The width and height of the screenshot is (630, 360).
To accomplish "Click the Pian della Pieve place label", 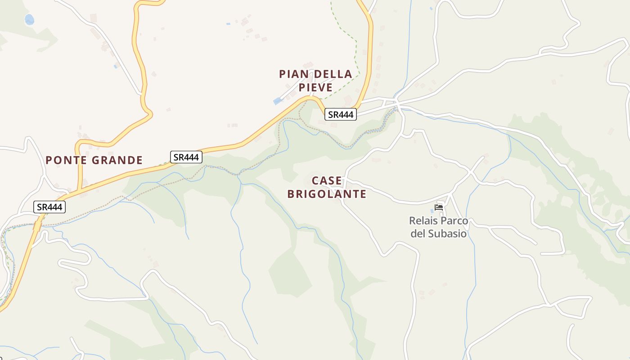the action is [315, 81].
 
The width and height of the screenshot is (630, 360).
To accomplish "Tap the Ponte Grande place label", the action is [94, 160].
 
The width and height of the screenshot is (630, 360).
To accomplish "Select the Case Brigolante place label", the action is [327, 187].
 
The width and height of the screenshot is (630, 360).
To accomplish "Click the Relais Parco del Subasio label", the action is [439, 227].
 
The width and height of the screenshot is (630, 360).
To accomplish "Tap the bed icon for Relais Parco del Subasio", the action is [439, 207].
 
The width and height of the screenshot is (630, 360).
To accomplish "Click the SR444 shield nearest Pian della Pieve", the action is [341, 115].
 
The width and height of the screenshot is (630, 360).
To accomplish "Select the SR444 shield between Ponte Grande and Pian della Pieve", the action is [186, 157].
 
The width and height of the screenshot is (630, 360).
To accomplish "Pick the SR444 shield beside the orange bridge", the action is [49, 207].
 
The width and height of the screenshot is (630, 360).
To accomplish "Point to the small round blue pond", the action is [29, 19].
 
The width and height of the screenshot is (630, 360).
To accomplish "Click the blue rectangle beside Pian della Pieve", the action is [278, 101].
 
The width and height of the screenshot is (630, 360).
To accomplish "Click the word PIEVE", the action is [315, 87].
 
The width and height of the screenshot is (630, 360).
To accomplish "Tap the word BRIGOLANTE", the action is [327, 194].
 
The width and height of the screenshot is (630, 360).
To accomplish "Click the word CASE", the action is [327, 181].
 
